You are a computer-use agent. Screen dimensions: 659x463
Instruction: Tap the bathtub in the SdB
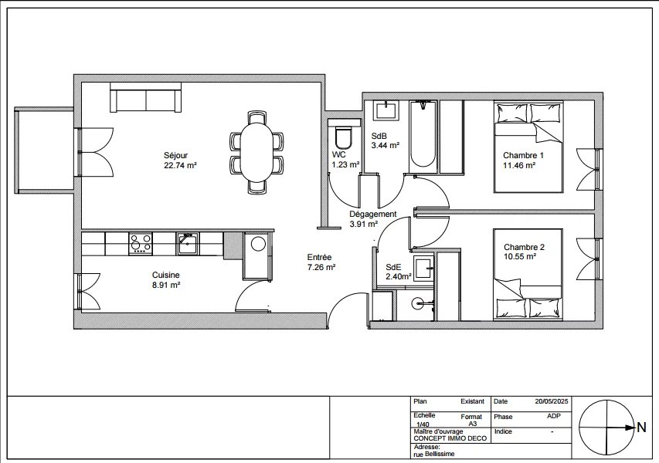tap(423, 137)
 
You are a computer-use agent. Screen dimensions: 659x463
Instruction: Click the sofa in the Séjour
tap(146, 97)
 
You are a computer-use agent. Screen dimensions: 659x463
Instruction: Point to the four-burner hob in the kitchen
tap(141, 244)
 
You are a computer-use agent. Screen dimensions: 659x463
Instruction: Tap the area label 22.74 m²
tap(181, 165)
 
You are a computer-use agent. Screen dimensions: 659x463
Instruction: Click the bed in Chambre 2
tap(528, 275)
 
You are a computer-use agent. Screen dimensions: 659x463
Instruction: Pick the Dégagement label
tap(373, 214)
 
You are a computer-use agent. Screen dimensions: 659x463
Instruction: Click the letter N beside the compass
tap(641, 428)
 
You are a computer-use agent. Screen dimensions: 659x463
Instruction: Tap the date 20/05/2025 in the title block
tap(552, 401)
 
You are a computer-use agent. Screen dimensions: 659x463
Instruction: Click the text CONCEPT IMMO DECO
tap(450, 438)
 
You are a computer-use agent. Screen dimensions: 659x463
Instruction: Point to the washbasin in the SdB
tap(386, 110)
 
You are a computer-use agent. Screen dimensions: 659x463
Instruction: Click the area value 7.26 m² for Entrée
tap(321, 267)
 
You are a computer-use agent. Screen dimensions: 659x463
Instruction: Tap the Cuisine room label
tap(165, 275)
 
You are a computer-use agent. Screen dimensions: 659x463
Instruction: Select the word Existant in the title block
tap(472, 401)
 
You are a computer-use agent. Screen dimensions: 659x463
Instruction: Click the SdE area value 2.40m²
tap(399, 276)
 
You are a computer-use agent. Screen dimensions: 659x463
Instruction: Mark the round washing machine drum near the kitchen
tap(257, 244)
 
